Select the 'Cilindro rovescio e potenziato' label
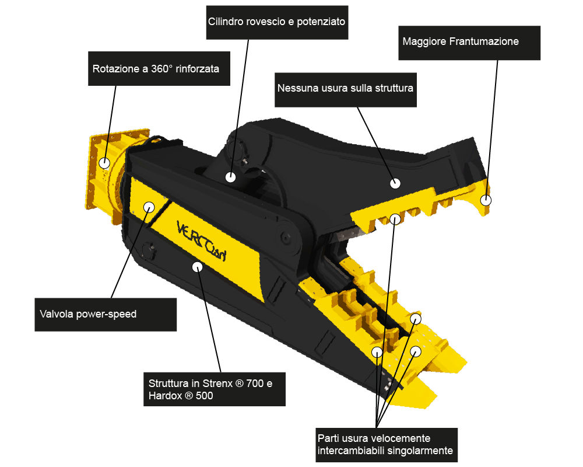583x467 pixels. [277, 22]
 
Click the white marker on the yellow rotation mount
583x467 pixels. [104, 163]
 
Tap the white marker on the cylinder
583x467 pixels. [230, 177]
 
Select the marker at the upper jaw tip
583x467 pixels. [486, 200]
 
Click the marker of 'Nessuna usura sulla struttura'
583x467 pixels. [395, 183]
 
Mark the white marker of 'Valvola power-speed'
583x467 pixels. [149, 207]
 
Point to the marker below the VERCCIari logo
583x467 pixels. [197, 267]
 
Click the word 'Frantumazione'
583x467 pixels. [484, 41]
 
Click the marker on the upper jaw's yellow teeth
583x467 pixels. [395, 218]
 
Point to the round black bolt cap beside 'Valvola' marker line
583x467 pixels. [148, 249]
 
